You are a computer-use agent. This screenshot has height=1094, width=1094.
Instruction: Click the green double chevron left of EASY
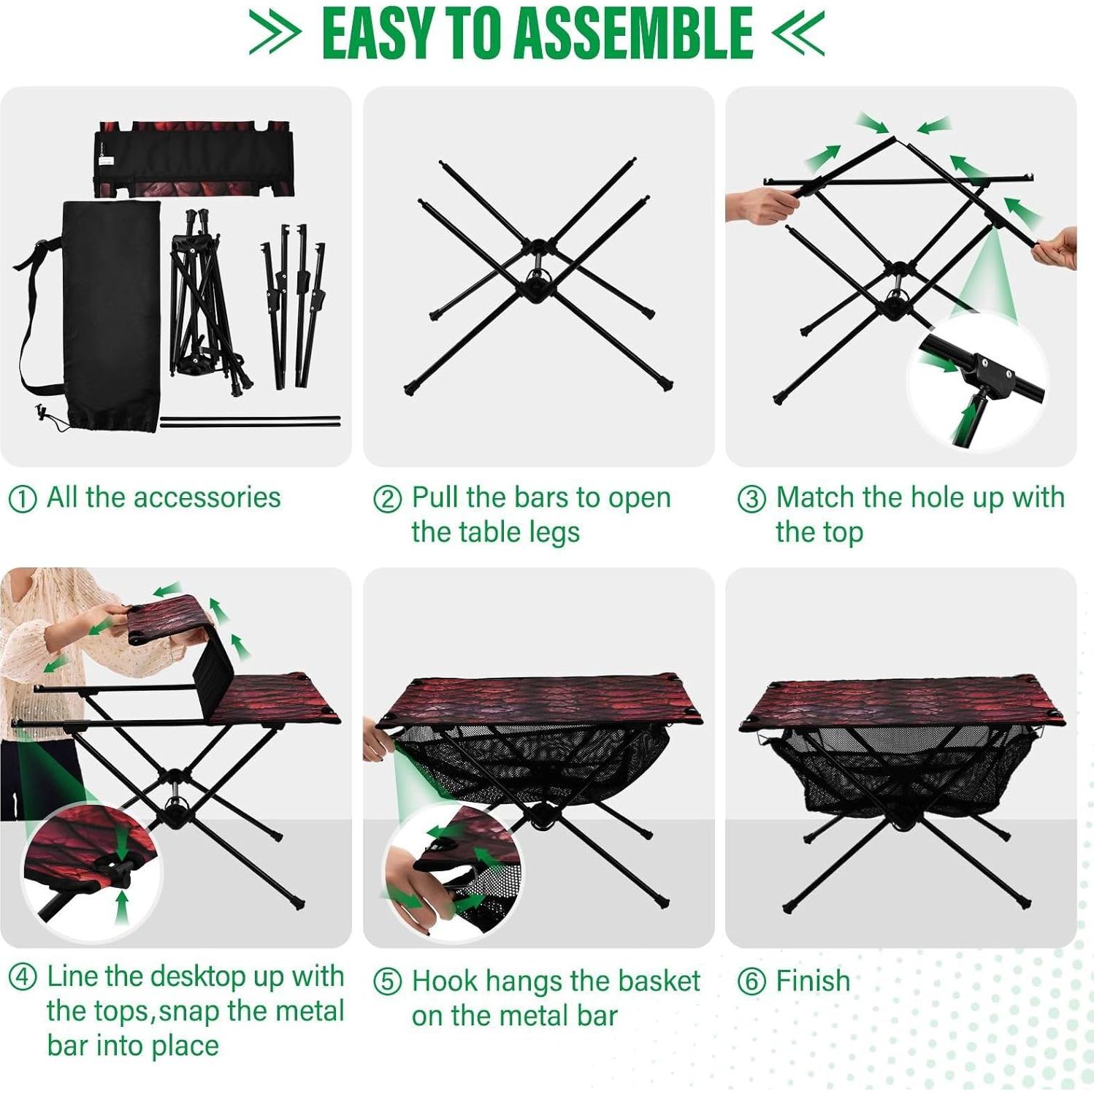pyautogui.click(x=274, y=33)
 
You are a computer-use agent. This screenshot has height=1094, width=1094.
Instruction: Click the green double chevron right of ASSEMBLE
pyautogui.click(x=798, y=33)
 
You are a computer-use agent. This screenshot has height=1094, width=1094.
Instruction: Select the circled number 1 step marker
pyautogui.click(x=22, y=500)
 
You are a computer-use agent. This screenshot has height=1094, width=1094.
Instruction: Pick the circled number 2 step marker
pyautogui.click(x=387, y=500)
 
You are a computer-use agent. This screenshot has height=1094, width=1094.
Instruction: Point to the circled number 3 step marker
pyautogui.click(x=751, y=500)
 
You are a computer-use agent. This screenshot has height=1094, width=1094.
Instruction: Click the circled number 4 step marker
pyautogui.click(x=22, y=977)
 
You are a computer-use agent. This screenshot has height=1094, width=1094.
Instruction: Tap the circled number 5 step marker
pyautogui.click(x=387, y=982)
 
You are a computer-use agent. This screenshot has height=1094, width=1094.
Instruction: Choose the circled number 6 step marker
pyautogui.click(x=751, y=982)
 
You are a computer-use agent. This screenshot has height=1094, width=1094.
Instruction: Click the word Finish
pyautogui.click(x=813, y=982)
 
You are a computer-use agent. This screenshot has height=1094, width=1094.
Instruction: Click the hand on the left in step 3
pyautogui.click(x=760, y=204)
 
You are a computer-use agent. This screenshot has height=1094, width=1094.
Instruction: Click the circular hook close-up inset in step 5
pyautogui.click(x=453, y=869)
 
